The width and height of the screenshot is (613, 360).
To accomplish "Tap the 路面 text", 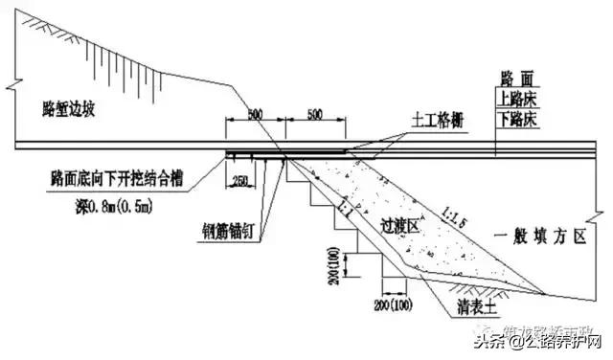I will coord(522,78).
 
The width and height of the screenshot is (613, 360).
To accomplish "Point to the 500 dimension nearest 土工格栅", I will coord(314,113).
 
